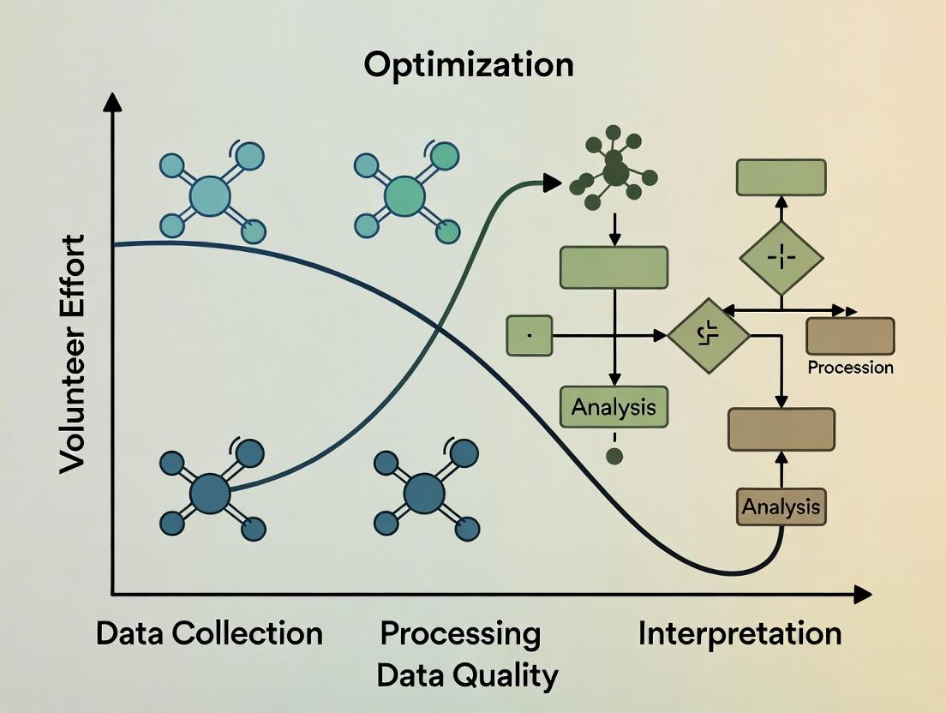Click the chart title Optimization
(468, 65)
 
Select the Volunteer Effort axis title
(74, 353)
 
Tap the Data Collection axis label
(209, 634)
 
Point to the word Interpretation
(739, 634)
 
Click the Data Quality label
(467, 675)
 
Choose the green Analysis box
(614, 407)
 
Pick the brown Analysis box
(781, 506)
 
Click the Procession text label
(850, 368)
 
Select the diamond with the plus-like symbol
(781, 258)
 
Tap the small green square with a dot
(529, 335)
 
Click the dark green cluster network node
(615, 171)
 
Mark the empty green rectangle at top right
(781, 177)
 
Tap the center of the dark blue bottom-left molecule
(210, 494)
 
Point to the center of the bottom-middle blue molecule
(424, 493)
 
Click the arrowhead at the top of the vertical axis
(112, 103)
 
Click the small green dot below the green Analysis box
(614, 456)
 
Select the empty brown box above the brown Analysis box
(781, 429)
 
